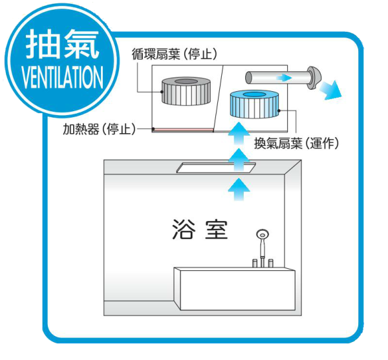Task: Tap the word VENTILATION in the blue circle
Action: (x=62, y=77)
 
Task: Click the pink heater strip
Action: (x=184, y=129)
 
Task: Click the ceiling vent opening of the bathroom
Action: (x=214, y=168)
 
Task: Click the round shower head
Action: (x=263, y=235)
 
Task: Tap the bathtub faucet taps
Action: (x=262, y=263)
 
